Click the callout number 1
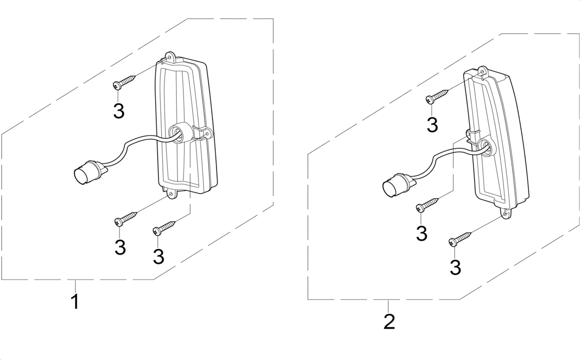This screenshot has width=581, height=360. pyautogui.click(x=75, y=301)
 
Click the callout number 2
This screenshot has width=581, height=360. pyautogui.click(x=389, y=322)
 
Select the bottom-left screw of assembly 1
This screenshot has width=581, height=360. pyautogui.click(x=126, y=218)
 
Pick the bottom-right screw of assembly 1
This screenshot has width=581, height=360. pyautogui.click(x=164, y=227)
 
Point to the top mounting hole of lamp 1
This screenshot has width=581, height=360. pyautogui.click(x=170, y=57)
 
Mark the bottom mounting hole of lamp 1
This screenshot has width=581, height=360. pyautogui.click(x=171, y=194)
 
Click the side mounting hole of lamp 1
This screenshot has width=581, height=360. pyautogui.click(x=207, y=134)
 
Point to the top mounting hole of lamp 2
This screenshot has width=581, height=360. pyautogui.click(x=483, y=72)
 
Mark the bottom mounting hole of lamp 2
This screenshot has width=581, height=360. pyautogui.click(x=505, y=214)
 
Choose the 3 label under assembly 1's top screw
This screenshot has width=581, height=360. pyautogui.click(x=119, y=111)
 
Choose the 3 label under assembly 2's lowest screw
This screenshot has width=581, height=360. pyautogui.click(x=456, y=267)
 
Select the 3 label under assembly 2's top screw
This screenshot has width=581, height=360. pyautogui.click(x=433, y=125)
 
